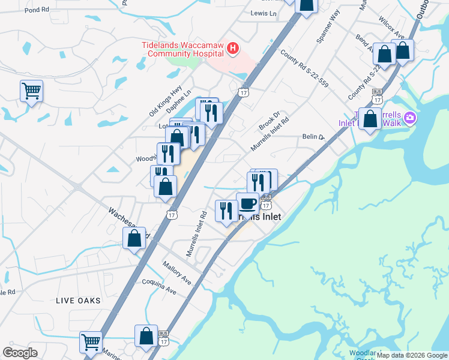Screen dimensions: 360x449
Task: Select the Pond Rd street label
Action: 37,10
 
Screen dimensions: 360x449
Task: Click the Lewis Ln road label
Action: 264,13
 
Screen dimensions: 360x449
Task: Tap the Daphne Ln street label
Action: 179,99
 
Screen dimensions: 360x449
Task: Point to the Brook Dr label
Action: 270,121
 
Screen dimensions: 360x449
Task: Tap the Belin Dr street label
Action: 313,137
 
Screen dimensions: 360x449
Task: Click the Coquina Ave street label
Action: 159,286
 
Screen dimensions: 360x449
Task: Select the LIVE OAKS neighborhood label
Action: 79,299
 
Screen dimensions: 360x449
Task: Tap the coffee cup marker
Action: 248,203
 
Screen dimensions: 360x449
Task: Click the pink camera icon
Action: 410,118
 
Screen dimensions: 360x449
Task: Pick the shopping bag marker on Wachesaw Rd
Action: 134,238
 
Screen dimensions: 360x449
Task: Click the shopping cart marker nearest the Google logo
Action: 91,342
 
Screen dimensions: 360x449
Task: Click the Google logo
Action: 20,353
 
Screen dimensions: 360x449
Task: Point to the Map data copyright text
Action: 412,355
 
